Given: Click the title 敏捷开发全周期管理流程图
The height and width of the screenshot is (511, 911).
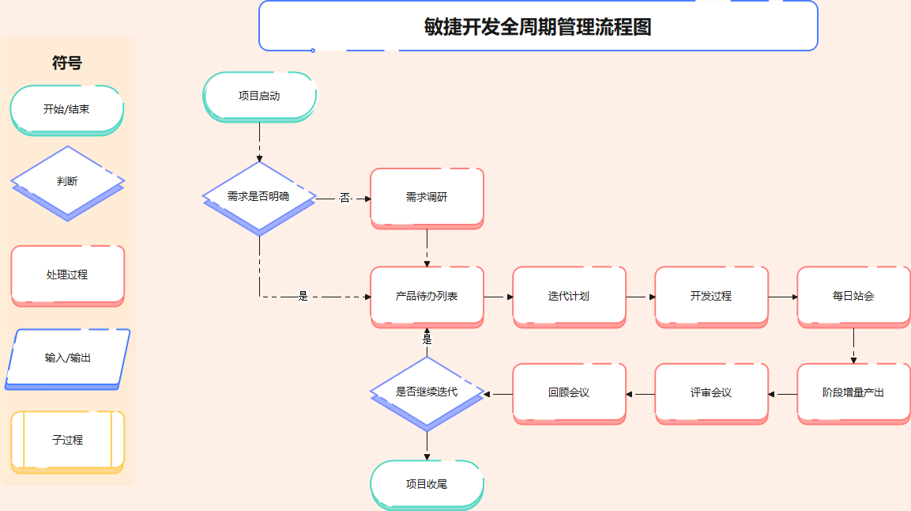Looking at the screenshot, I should pos(538,27).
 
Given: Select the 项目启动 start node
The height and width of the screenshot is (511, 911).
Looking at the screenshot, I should pos(259,96).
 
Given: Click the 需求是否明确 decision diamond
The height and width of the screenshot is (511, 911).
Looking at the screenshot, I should pos(259,196).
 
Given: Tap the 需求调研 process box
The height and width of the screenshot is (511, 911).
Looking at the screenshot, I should pos(427,196).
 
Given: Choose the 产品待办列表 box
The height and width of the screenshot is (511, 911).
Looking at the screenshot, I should pos(427,296).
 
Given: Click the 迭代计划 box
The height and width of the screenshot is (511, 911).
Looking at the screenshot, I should pos(569,296).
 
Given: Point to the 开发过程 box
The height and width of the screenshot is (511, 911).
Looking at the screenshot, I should pos(711,296).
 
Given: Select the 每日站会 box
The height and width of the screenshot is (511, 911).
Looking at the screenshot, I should pos(853,296).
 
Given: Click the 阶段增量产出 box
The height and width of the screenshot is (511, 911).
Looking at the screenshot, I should pos(853,392).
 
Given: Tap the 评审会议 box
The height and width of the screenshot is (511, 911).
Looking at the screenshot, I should pos(711,392).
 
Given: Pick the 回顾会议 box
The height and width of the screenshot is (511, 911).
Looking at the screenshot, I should pos(569,392).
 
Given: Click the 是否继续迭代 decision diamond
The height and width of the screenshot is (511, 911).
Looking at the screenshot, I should pos(427,392).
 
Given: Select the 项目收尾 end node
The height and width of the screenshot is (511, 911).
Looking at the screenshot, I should pos(427,483).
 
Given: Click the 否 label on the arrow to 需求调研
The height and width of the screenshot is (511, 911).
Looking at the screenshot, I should pos(344,198).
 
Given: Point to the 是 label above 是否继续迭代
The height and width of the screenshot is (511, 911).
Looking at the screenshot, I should pos(427,339).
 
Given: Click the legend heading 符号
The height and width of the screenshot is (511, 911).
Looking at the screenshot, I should pos(67,63).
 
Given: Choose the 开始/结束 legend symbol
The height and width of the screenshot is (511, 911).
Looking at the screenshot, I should pos(67,109).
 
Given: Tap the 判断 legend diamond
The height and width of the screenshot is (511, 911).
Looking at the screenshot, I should pos(67,181).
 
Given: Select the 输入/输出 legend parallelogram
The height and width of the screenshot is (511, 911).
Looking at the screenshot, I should pos(68,358).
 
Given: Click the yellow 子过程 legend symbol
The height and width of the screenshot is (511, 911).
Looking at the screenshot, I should pos(68,440).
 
